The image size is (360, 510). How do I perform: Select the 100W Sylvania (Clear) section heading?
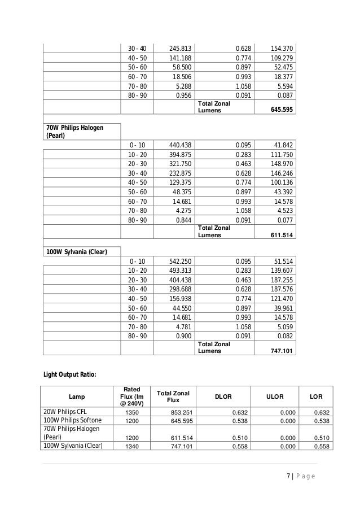[x=76, y=251]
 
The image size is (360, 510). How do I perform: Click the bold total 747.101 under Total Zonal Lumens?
[x=283, y=351]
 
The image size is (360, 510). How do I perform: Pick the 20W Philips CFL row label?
[x=67, y=412]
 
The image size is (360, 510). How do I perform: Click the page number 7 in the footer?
[x=287, y=476]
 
